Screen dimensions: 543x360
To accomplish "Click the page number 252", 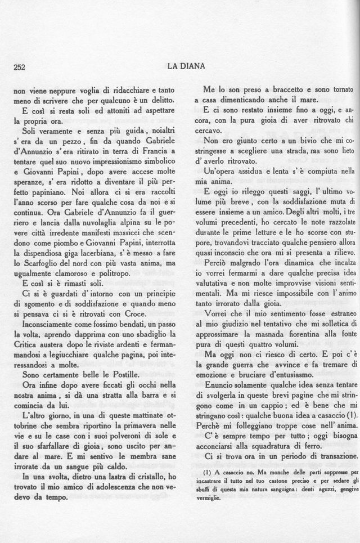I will pyautogui.click(x=20, y=66).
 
